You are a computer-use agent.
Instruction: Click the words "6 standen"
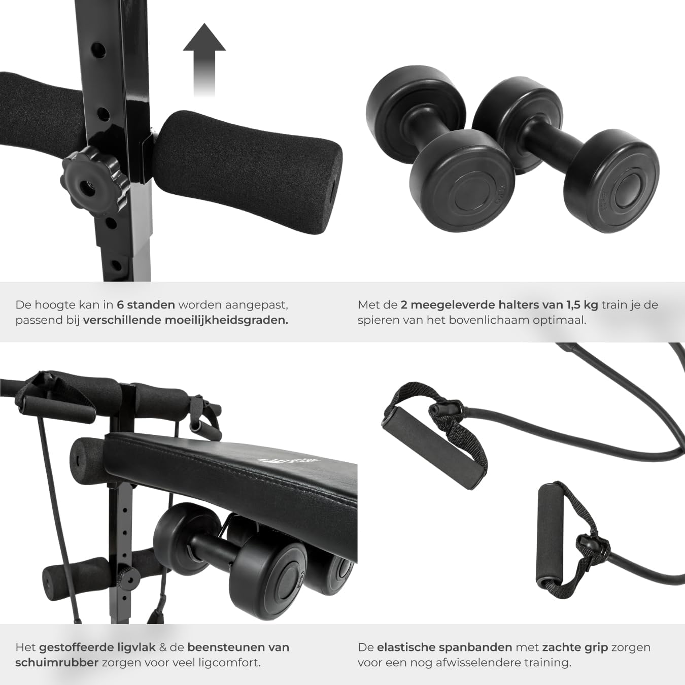point(146,305)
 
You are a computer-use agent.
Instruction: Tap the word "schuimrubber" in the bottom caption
point(57,663)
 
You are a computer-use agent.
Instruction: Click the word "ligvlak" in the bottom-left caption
point(134,647)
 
